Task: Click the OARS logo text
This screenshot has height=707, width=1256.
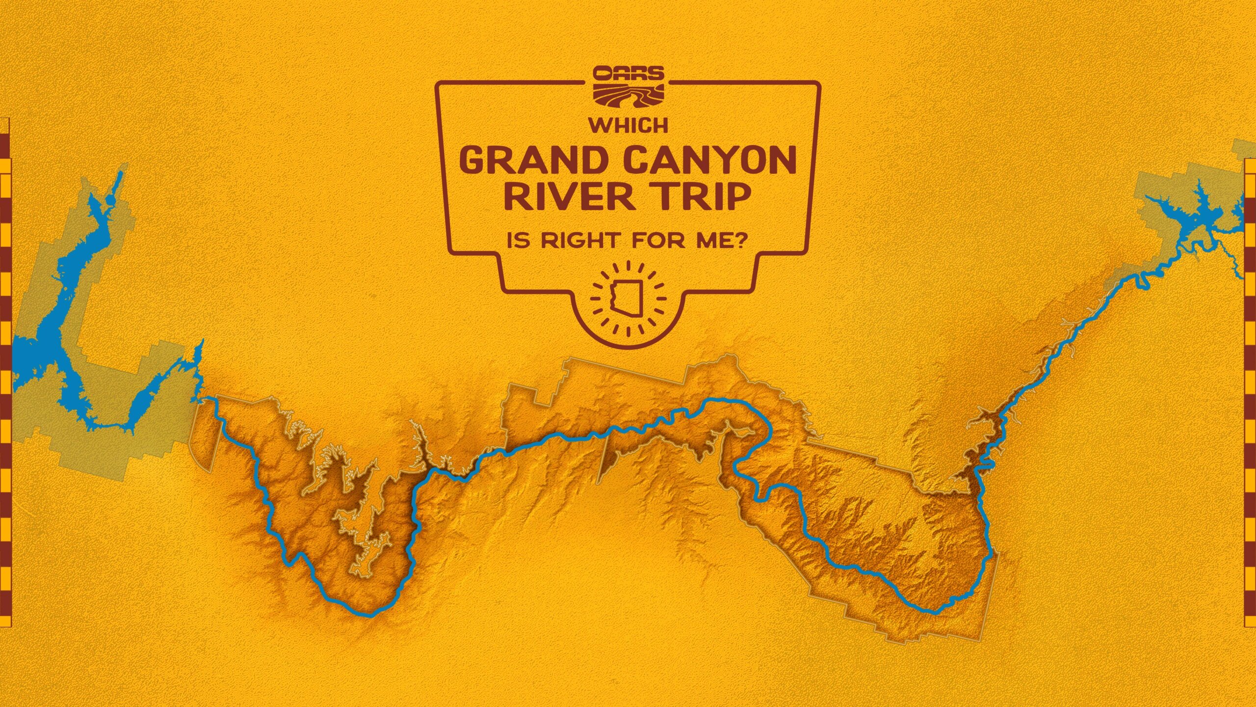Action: click(628, 74)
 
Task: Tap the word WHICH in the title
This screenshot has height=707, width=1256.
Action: click(628, 126)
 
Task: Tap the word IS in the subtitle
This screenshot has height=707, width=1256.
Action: click(518, 241)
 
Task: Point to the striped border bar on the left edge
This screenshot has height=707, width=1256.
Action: click(5, 373)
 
